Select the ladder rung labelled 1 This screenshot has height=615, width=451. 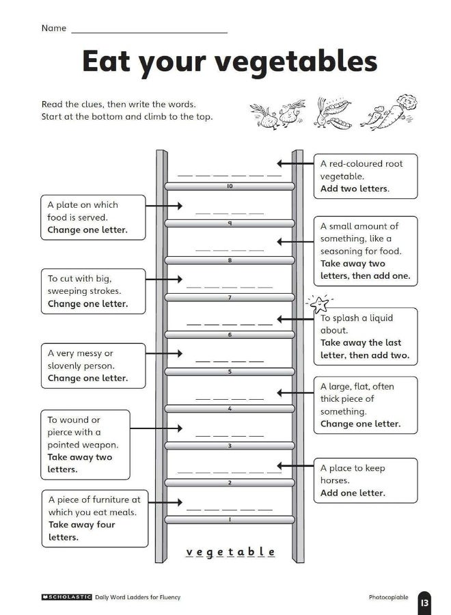[230, 520]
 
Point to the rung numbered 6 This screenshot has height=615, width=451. [230, 335]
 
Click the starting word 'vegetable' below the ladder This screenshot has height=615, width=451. [230, 552]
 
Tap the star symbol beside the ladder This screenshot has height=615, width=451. [318, 303]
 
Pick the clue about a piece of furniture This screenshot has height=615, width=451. [94, 518]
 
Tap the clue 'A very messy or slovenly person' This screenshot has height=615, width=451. [93, 366]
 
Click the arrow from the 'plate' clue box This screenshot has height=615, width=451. [164, 205]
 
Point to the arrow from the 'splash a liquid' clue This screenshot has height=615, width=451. [295, 319]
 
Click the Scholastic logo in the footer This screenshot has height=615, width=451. [66, 597]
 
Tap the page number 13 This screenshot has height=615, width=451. [424, 602]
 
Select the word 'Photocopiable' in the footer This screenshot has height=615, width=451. [388, 597]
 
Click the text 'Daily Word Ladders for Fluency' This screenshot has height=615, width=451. [138, 597]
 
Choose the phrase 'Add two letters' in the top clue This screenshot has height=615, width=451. [355, 189]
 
